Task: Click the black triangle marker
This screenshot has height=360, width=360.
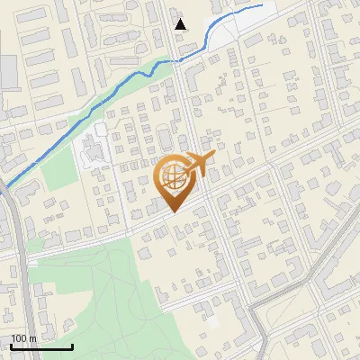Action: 181,23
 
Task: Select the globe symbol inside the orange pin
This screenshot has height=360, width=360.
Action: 173,175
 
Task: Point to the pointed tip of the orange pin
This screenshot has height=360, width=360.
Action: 174,211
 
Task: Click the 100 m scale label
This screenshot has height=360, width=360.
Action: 23,338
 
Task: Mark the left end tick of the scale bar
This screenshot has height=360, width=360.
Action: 11,346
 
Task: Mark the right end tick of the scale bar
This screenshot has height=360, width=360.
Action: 72,346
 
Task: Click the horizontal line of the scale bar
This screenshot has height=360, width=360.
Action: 41,347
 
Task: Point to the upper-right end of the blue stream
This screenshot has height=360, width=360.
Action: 263,4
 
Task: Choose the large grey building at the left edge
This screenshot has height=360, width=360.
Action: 8,73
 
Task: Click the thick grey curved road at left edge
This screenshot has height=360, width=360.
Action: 20,261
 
